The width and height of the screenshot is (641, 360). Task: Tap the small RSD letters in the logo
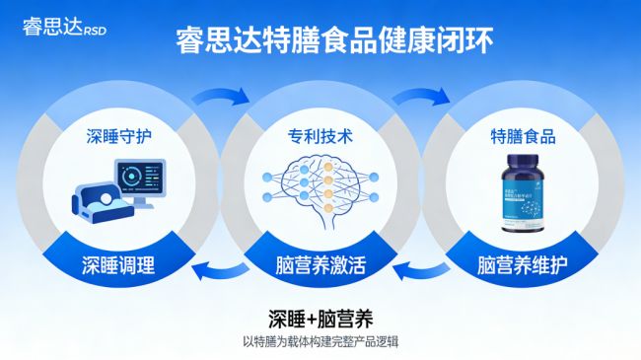(x=95, y=29)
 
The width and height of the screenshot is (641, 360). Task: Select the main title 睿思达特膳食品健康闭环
(x=320, y=41)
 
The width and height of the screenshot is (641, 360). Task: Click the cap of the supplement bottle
(x=523, y=162)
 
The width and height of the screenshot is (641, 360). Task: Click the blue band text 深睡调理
(x=119, y=263)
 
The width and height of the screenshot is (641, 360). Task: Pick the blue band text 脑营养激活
(x=321, y=263)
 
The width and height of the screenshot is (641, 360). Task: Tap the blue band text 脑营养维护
(x=523, y=263)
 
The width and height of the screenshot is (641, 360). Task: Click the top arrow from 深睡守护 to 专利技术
(x=219, y=97)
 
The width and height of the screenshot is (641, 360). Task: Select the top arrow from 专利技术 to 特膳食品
(x=421, y=97)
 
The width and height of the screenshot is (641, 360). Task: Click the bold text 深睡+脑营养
(x=320, y=319)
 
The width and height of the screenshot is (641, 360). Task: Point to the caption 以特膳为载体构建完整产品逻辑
(x=320, y=341)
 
